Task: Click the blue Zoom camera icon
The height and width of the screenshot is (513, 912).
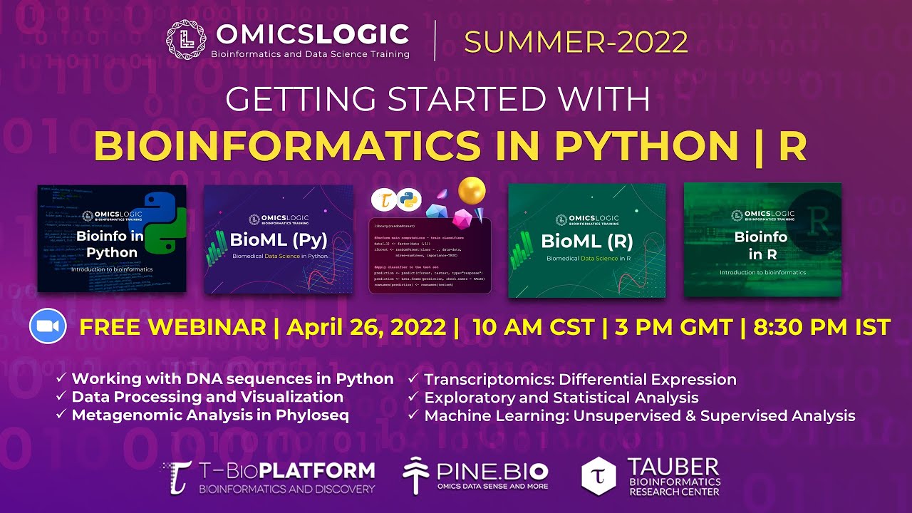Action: point(47,327)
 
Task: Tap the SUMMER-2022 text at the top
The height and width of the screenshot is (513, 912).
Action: point(576,43)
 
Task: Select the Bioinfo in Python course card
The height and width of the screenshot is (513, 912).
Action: point(112,239)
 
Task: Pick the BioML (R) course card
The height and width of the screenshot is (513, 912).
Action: point(586,240)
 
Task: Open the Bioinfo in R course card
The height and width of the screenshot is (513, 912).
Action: point(762,240)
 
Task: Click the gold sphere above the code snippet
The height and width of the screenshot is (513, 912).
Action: point(472,190)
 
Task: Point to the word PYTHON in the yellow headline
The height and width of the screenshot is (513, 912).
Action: point(646,145)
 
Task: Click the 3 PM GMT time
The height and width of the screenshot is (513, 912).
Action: point(672,327)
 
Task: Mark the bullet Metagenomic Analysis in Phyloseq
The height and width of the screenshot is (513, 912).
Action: point(210,415)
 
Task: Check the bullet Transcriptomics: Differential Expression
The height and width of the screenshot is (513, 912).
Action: point(580,380)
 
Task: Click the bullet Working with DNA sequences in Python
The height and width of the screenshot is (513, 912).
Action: point(232,379)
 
